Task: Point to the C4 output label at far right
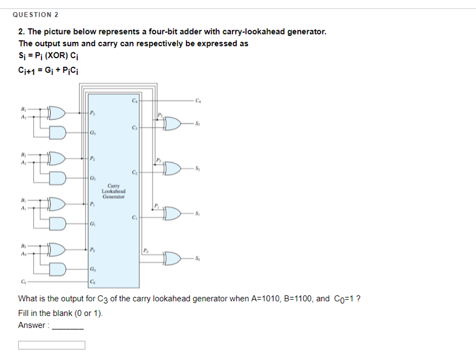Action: pos(204,100)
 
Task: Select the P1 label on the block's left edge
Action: pos(92,204)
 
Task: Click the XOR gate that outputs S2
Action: pos(173,168)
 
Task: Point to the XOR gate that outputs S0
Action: pos(173,259)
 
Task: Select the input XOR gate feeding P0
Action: pos(56,249)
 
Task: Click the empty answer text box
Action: pos(52,345)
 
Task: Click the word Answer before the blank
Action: pos(32,326)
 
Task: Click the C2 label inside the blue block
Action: pos(134,172)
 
